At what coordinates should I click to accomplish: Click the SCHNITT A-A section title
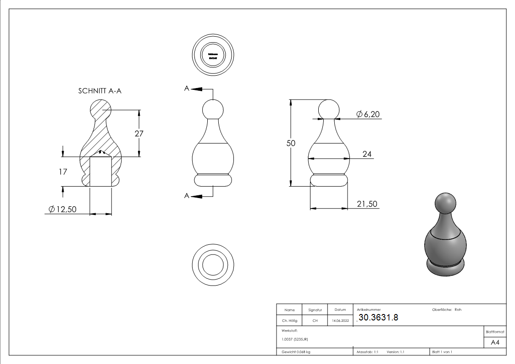(x=100, y=91)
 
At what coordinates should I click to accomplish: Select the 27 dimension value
(x=139, y=133)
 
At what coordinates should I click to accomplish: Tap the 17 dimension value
(x=63, y=171)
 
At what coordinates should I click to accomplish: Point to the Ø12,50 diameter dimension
(x=62, y=210)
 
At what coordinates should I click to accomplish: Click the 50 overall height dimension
(x=291, y=143)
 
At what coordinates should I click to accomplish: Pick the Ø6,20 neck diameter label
(x=368, y=115)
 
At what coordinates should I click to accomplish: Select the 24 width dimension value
(x=367, y=154)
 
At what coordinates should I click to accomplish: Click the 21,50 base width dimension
(x=367, y=204)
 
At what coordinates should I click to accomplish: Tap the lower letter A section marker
(x=187, y=196)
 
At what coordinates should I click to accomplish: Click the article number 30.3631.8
(x=378, y=317)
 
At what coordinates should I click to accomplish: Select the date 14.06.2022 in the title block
(x=340, y=321)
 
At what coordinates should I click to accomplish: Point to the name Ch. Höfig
(x=289, y=321)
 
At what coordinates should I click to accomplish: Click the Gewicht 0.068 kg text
(x=296, y=352)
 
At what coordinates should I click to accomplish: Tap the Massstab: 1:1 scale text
(x=367, y=352)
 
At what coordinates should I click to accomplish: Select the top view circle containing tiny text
(x=213, y=55)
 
